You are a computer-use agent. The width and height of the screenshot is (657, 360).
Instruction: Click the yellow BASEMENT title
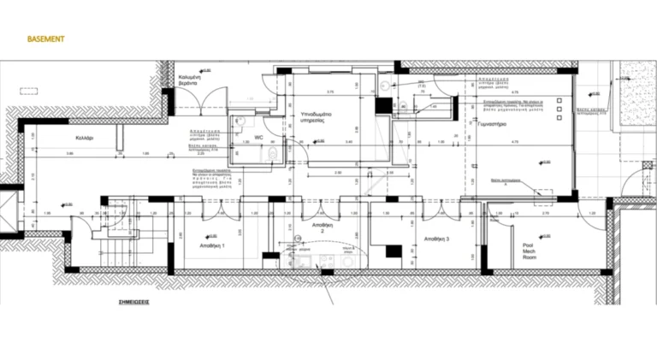46,39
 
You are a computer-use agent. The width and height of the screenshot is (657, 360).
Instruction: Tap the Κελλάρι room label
84,138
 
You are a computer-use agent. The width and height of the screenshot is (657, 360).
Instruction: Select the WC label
258,137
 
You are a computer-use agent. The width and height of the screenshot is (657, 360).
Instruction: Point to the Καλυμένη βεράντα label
189,81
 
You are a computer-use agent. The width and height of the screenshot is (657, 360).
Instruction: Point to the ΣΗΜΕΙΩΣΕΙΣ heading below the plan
133,302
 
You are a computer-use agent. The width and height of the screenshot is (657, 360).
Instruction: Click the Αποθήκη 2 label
322,227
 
